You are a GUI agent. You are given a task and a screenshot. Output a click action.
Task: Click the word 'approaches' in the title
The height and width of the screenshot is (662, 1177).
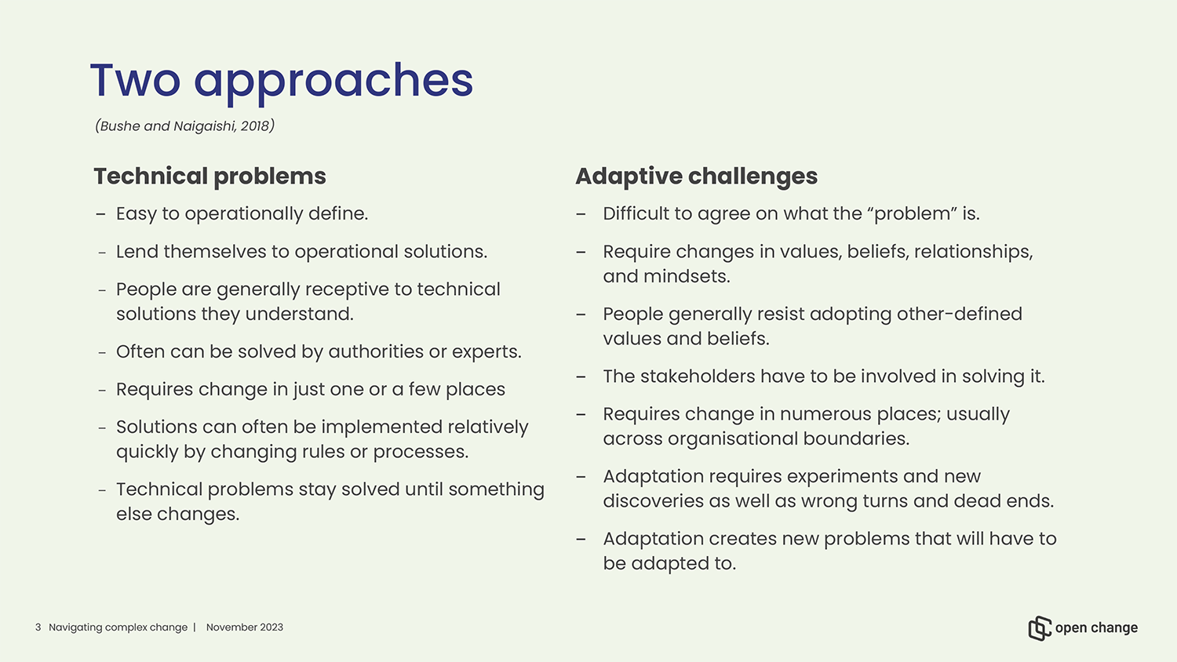click(x=333, y=82)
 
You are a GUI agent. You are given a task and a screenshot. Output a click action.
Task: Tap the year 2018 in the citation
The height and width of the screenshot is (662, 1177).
click(x=255, y=126)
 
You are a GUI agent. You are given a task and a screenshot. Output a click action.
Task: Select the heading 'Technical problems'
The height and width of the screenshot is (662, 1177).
click(x=210, y=176)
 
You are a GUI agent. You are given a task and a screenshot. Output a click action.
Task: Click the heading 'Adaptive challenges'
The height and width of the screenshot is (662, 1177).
click(x=696, y=176)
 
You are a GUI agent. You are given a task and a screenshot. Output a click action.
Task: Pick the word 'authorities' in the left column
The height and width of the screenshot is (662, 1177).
click(x=376, y=351)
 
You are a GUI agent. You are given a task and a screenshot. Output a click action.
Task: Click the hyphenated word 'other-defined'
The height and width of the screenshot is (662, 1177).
click(x=960, y=315)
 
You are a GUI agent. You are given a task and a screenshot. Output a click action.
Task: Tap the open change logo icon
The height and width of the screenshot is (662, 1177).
click(x=1040, y=628)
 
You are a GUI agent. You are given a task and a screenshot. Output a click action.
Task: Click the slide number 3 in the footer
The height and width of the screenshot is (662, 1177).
click(x=38, y=627)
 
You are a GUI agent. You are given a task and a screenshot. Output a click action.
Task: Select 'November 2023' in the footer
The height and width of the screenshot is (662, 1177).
click(x=244, y=627)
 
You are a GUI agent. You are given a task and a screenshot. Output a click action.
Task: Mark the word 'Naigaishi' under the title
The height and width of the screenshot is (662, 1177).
click(x=204, y=126)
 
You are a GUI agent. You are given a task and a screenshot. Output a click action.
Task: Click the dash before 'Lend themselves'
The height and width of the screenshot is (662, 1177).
click(x=102, y=253)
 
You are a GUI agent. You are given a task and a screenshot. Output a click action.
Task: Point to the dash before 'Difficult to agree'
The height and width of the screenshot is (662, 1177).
click(x=581, y=214)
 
